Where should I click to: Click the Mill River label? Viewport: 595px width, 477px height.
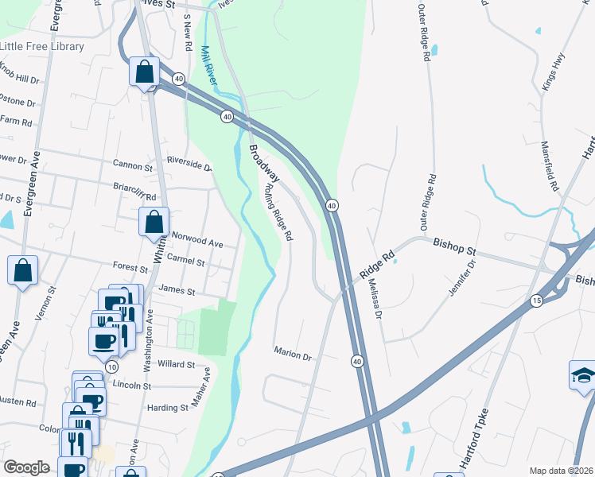point(210,66)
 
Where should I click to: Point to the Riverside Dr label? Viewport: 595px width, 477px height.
point(189,168)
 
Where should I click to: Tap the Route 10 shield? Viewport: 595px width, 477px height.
point(111,366)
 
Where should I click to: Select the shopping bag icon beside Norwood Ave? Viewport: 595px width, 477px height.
point(154,223)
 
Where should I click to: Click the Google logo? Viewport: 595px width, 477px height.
point(27,467)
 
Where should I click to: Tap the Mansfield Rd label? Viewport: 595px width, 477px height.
point(550,167)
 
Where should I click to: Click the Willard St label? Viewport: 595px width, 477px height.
point(176,364)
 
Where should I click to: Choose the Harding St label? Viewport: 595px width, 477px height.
point(167,408)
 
